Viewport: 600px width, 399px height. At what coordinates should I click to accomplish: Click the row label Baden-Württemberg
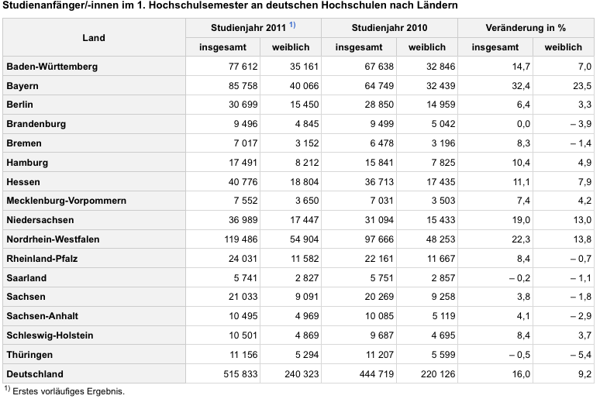(52, 67)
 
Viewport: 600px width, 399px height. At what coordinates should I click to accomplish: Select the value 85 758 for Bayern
(243, 86)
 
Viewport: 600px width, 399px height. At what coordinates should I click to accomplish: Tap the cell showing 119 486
(240, 239)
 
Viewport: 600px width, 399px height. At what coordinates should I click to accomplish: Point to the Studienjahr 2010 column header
(389, 28)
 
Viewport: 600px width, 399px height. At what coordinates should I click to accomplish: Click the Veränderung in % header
(526, 28)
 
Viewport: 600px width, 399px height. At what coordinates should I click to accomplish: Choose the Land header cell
(94, 37)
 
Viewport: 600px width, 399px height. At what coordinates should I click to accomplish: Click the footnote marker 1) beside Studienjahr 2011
(292, 25)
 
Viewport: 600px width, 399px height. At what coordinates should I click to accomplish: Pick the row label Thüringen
(29, 355)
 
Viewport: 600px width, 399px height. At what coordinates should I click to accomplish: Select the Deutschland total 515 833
(240, 374)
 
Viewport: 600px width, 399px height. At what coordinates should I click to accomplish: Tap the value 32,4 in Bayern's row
(521, 86)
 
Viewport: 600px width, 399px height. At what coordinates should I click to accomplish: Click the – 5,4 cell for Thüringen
(581, 355)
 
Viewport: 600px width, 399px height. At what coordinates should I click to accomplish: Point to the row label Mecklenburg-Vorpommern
(66, 201)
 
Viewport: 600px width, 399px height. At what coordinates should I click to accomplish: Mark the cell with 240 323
(302, 374)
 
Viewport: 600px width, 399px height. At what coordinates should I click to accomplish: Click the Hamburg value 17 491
(243, 163)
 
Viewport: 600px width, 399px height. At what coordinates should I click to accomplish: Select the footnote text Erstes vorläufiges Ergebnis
(68, 391)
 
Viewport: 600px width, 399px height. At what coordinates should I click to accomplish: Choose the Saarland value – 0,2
(519, 278)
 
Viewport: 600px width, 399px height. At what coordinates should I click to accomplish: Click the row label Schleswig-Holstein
(50, 335)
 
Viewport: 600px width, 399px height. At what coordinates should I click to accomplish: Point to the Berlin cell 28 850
(379, 105)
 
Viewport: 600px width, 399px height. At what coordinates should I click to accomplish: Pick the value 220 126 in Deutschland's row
(438, 374)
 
